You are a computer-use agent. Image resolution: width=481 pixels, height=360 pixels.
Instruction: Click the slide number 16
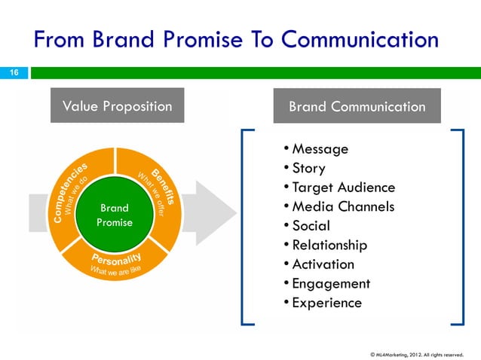click(x=13, y=72)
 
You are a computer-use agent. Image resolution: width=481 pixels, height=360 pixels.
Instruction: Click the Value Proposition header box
click(x=117, y=106)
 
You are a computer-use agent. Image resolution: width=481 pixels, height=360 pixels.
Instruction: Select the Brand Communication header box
click(x=357, y=106)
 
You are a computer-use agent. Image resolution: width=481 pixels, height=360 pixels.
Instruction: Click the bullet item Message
click(x=320, y=149)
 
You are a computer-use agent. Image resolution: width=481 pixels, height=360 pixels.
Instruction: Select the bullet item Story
click(x=308, y=168)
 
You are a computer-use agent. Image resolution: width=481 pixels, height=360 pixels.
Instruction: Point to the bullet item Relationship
click(x=329, y=245)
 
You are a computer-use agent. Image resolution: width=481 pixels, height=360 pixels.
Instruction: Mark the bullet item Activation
click(x=323, y=264)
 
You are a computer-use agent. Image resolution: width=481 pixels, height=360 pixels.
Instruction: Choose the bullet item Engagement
click(x=330, y=284)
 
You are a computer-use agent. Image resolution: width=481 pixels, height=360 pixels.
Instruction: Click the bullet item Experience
click(x=326, y=303)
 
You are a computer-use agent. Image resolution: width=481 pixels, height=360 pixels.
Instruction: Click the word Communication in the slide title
click(x=346, y=39)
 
